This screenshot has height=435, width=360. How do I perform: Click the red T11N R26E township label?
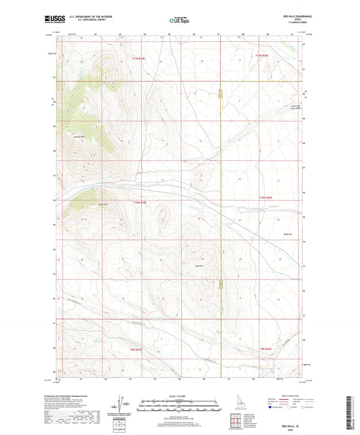261,55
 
